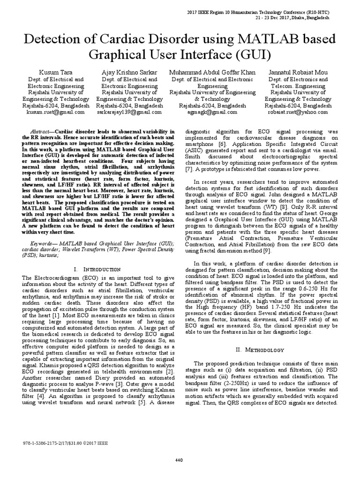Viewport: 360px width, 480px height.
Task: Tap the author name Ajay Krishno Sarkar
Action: click(129, 72)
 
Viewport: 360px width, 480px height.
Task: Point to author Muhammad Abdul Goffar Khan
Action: click(212, 72)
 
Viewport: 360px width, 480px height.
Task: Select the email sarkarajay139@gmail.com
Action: click(129, 112)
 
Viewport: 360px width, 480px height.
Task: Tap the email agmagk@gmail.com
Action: click(212, 112)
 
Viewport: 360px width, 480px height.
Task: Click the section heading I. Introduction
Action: click(95, 270)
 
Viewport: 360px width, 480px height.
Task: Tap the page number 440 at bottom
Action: click(179, 459)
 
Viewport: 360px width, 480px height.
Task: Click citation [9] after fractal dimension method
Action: click(266, 252)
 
